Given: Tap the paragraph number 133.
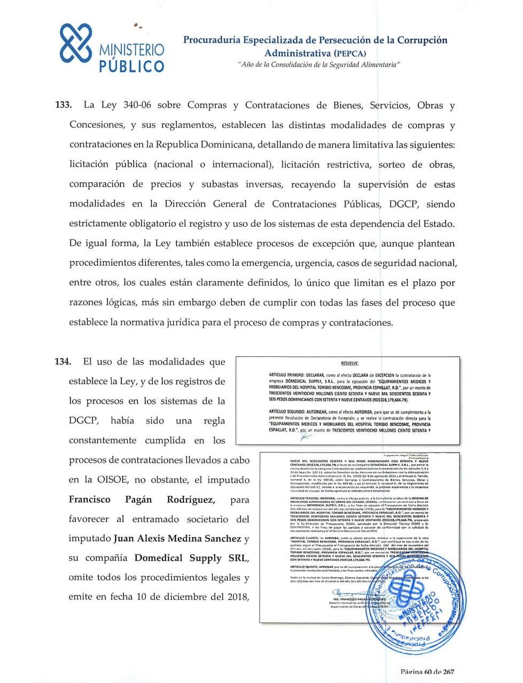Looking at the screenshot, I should coord(64,105).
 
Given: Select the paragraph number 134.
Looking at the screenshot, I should coord(64,362).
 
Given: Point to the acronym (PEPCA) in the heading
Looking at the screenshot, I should coord(350,53).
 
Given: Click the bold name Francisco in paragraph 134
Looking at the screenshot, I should coord(89,499).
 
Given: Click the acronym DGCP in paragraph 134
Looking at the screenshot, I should coord(84,420).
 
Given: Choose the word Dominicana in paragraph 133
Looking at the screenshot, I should coord(207,145).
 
